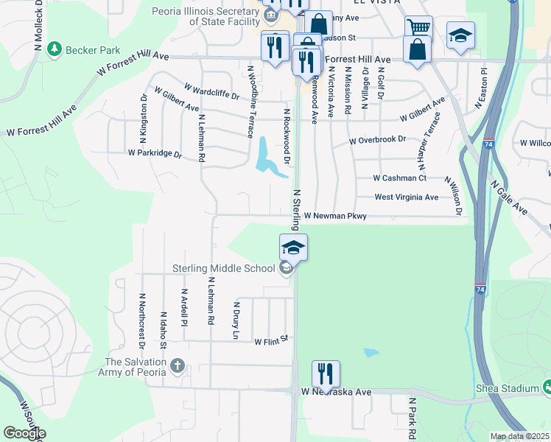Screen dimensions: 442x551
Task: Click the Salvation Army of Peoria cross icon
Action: (x=177, y=365)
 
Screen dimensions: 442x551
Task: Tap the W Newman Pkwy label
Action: (x=335, y=217)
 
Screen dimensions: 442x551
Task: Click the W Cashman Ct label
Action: (x=399, y=178)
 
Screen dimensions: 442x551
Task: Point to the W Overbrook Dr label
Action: (x=377, y=139)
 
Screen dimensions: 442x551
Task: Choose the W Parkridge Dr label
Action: (x=154, y=154)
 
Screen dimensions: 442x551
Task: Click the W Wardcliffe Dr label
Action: (x=211, y=91)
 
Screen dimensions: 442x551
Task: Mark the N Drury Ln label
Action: (x=236, y=320)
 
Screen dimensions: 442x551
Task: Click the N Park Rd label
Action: (x=413, y=418)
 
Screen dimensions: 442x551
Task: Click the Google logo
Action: (x=24, y=433)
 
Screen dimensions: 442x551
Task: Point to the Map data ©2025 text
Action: (x=519, y=436)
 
